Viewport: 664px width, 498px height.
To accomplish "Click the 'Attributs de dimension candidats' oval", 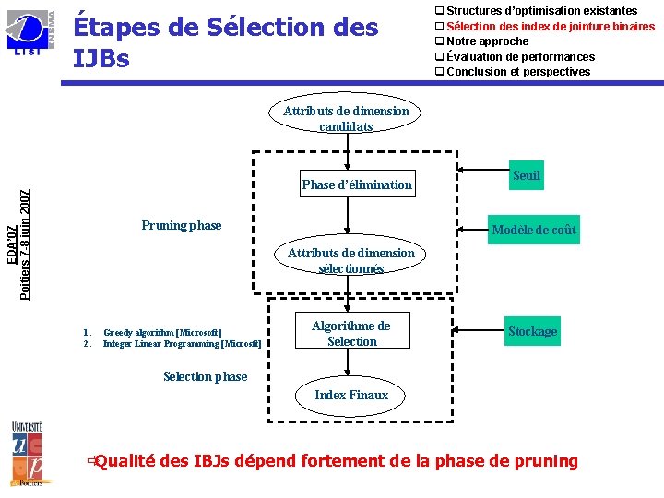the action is [x=346, y=119].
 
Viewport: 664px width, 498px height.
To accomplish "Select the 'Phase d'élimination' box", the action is [x=357, y=184].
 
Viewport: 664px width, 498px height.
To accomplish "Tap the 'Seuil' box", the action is [x=527, y=176].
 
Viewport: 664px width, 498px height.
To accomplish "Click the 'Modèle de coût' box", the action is [x=534, y=231].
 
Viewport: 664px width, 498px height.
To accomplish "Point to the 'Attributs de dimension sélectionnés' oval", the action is [x=350, y=261].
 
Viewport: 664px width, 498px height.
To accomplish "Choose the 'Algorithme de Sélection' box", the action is [x=351, y=333].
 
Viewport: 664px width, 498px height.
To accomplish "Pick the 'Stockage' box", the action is [x=532, y=331].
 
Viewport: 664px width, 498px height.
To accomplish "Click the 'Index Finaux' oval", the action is [x=351, y=396].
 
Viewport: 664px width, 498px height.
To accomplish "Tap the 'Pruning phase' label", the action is [x=182, y=225].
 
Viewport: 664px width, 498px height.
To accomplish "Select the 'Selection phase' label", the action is [x=205, y=376].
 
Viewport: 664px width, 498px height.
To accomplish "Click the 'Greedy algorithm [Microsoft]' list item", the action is [x=162, y=332].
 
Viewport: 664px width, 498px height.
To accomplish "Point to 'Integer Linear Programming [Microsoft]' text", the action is [x=182, y=344].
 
